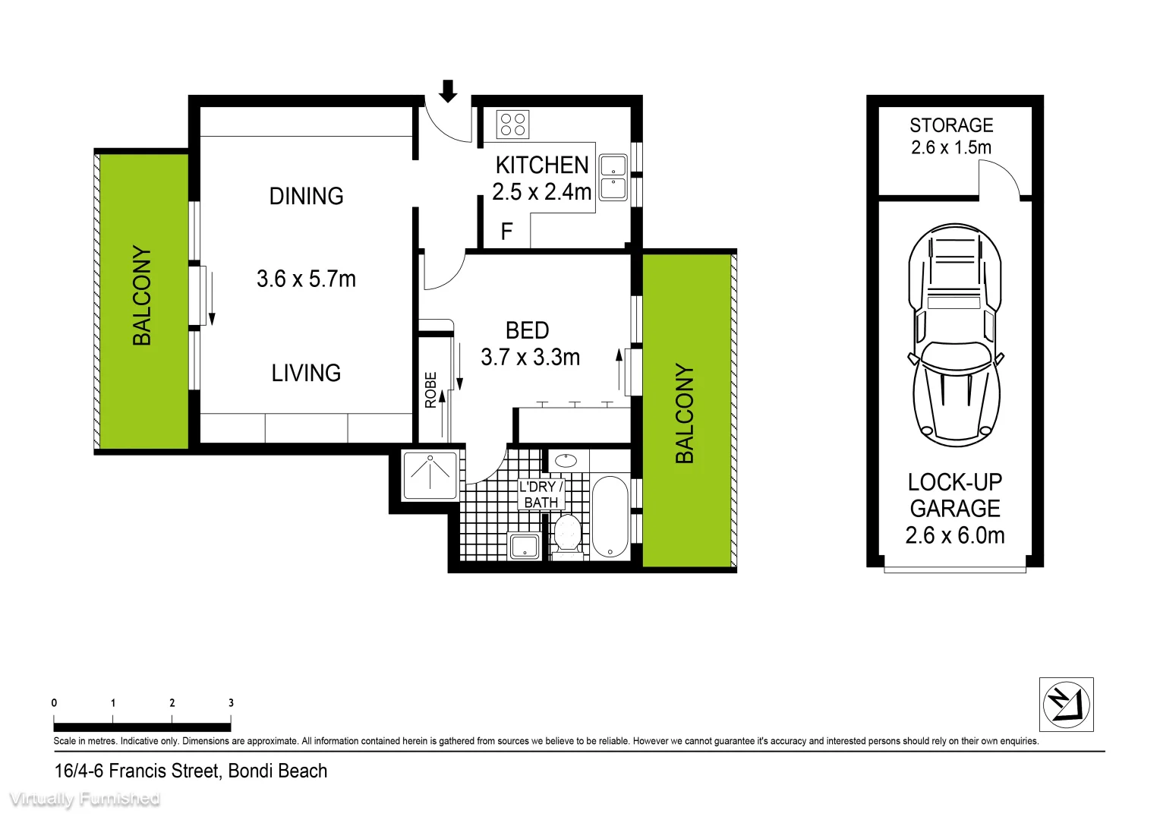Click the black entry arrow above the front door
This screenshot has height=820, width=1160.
click(448, 91)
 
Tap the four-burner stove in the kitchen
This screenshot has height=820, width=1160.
click(512, 125)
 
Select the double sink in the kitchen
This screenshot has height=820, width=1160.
click(613, 178)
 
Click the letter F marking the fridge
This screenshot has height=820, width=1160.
click(507, 232)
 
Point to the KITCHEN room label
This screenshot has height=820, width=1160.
click(542, 166)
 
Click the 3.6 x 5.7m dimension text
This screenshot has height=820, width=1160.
click(306, 279)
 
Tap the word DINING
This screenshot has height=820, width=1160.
click(306, 196)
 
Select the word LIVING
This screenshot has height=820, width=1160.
click(306, 373)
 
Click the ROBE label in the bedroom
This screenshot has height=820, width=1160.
click(430, 389)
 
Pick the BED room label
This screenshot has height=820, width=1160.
click(527, 330)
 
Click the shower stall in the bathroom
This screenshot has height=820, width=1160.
click(430, 475)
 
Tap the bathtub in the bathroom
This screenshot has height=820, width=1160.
click(610, 517)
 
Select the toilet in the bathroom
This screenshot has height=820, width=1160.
click(567, 534)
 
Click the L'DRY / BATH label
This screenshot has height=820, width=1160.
click(541, 494)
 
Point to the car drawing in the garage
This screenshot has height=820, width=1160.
click(954, 334)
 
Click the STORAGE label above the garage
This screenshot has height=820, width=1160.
click(951, 125)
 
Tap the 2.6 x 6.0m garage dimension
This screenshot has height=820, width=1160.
click(954, 535)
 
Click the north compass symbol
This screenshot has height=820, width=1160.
click(1066, 704)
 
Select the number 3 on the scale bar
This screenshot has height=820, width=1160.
click(231, 702)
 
